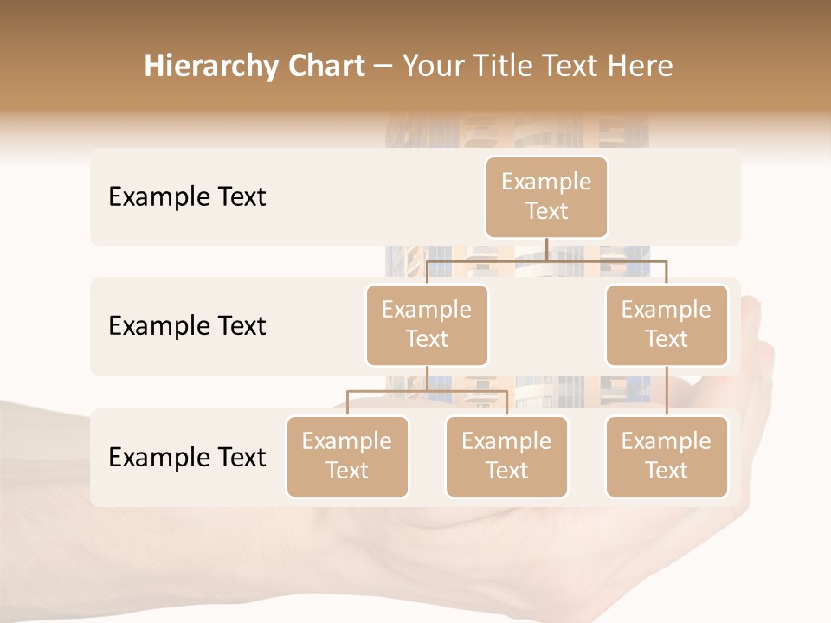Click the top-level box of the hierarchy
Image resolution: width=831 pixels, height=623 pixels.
[x=546, y=196]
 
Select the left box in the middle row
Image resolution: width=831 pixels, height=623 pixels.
[x=427, y=324]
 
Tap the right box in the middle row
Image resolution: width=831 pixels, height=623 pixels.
[x=667, y=324]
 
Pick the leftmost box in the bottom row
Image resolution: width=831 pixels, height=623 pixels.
[x=347, y=456]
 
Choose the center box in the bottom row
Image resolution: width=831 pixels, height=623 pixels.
[x=506, y=456]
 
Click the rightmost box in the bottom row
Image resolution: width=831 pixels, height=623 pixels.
[x=667, y=456]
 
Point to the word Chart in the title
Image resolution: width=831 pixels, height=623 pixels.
[x=322, y=66]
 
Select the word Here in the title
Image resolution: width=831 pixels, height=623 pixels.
[x=641, y=66]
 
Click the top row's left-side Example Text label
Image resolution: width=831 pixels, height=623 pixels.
[x=187, y=196]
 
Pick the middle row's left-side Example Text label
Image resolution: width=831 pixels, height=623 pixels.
[x=187, y=325]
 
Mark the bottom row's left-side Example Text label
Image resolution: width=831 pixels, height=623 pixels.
[x=187, y=457]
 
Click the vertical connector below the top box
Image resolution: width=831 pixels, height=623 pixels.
[x=546, y=249]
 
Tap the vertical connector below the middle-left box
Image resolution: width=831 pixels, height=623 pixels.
[x=427, y=378]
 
